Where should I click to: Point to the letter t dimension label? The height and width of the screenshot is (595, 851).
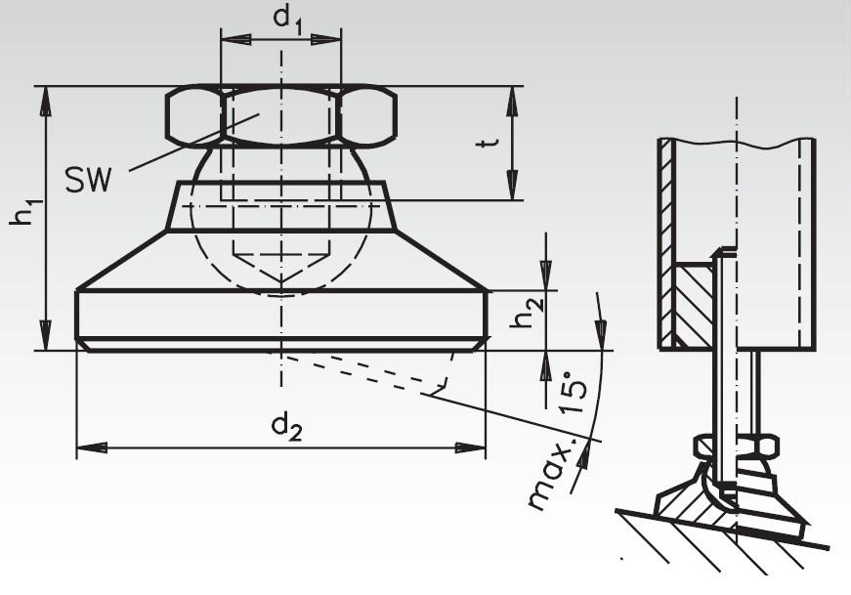(x=491, y=144)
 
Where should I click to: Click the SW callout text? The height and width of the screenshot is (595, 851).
(x=89, y=179)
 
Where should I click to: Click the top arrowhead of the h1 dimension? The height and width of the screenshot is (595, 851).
(x=45, y=98)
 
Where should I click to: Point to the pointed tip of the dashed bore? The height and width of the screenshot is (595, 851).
(x=281, y=289)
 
